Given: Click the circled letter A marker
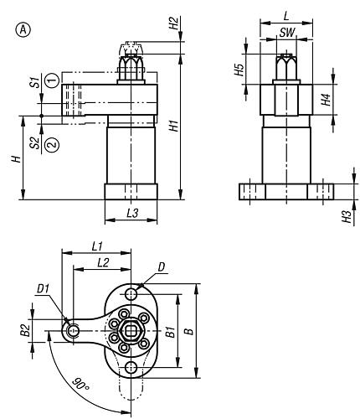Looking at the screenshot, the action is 23,30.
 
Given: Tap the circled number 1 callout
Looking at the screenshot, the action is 53,80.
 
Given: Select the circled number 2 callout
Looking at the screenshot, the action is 53,145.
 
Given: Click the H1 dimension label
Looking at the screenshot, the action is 174,126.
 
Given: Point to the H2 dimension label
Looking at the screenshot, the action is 173,23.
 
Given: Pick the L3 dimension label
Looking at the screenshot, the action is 132,214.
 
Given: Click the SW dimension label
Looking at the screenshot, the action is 287,33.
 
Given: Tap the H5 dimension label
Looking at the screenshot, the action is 239,70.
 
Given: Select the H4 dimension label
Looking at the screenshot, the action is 326,100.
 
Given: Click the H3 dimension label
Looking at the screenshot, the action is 347,217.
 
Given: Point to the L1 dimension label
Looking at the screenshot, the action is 97,246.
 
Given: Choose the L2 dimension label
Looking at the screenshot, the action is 103,262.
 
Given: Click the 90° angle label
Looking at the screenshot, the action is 80,384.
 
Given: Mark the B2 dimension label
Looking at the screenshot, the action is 25,330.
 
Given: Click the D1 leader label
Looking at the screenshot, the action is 44,289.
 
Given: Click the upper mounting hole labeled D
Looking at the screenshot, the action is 131,294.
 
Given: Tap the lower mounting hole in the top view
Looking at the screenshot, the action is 131,368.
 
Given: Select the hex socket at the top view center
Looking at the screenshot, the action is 131,331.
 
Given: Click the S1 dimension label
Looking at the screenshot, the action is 35,83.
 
